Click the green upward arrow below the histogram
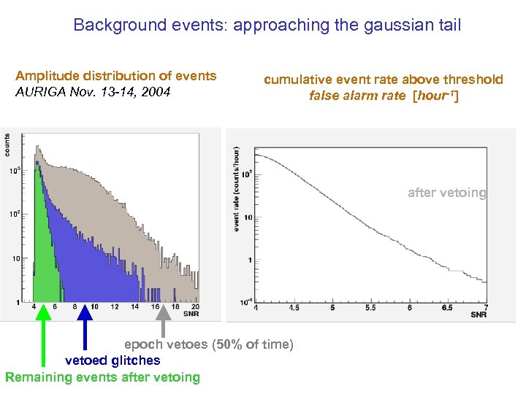click(44, 336)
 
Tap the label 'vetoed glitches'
click(113, 360)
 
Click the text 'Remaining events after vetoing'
click(102, 377)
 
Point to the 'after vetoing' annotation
click(446, 193)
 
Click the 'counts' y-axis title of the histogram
click(7, 143)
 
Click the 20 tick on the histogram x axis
click(194, 307)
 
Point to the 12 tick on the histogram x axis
click(114, 307)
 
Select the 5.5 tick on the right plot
click(370, 308)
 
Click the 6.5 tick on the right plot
click(447, 308)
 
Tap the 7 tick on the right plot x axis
click(485, 308)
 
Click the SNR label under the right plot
click(479, 315)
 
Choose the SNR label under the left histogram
click(192, 314)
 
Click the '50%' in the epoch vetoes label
click(226, 344)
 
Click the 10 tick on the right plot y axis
click(248, 217)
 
